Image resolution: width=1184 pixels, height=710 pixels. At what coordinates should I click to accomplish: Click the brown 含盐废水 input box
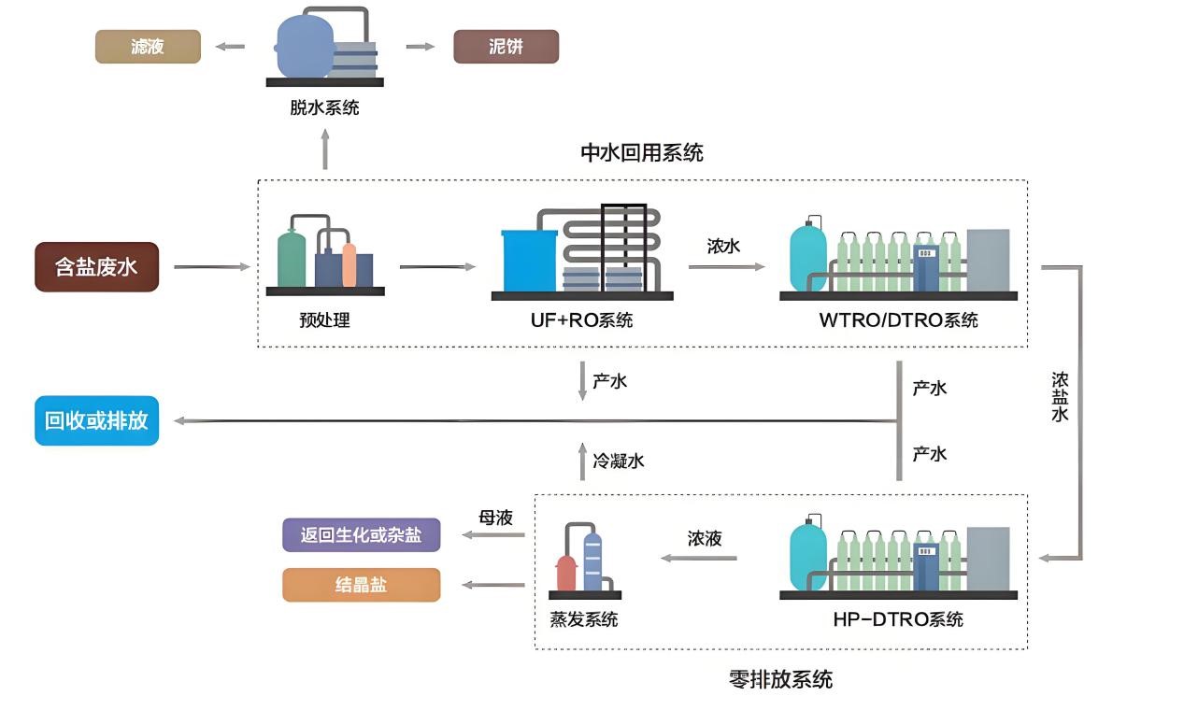[x=96, y=267]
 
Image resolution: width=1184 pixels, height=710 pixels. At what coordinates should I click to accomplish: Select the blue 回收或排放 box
[x=96, y=420]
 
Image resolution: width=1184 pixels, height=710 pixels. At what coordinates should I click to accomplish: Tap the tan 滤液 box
[x=148, y=47]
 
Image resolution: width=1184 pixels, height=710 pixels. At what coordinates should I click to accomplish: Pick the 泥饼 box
[x=506, y=47]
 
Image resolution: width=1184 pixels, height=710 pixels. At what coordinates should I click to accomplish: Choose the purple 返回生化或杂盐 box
[x=361, y=535]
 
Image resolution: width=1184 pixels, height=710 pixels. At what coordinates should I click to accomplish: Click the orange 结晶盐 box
[x=361, y=585]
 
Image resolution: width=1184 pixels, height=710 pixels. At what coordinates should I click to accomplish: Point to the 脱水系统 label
[x=324, y=107]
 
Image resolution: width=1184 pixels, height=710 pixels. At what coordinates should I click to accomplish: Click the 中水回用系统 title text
[x=642, y=153]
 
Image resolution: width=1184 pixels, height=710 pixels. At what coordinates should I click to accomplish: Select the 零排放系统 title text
[x=780, y=679]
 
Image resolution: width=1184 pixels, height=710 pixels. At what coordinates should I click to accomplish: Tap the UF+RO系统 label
[x=581, y=320]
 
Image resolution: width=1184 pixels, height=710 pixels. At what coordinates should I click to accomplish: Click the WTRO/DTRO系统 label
[x=898, y=320]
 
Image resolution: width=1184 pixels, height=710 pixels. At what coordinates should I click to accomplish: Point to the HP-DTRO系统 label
[x=897, y=618]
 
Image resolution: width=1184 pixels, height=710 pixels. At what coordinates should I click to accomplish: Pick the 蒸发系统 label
[x=584, y=619]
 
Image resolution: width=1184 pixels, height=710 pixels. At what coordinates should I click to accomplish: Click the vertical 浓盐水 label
[x=1060, y=397]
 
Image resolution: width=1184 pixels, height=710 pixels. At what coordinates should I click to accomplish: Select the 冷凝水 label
[x=618, y=461]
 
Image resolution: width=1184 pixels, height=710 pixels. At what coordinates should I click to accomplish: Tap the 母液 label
[x=495, y=518]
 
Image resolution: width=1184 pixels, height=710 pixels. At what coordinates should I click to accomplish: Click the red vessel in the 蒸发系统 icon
[x=566, y=574]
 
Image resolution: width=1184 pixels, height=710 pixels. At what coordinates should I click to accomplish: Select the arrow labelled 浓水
[x=726, y=267]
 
